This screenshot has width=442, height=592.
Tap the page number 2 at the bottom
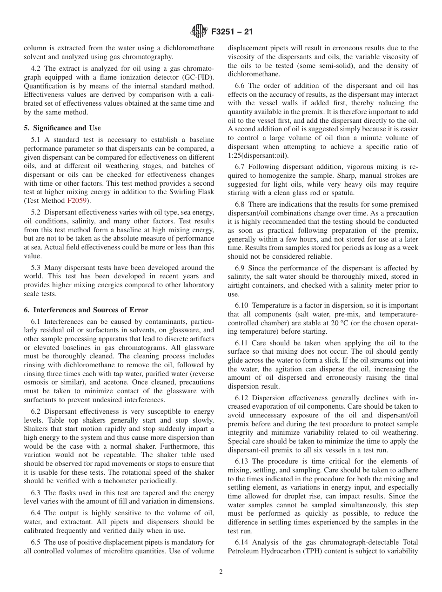[221, 572]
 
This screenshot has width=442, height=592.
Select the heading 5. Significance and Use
[62, 128]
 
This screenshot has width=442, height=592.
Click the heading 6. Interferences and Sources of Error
[86, 309]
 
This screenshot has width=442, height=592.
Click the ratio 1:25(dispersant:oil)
[258, 155]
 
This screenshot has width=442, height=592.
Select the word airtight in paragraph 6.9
[240, 285]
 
